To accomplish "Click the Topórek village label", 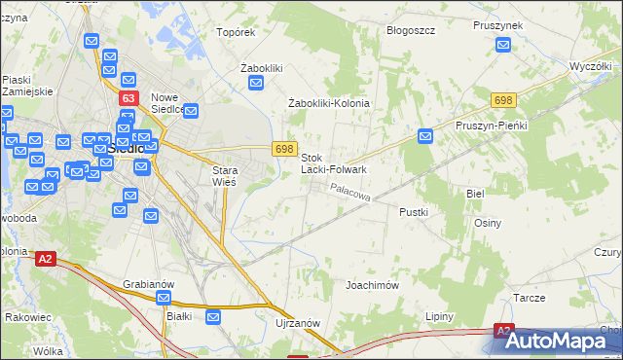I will [236, 32].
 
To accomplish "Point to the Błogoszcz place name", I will [410, 31].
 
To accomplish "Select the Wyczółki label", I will [589, 67].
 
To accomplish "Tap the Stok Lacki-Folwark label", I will [334, 162].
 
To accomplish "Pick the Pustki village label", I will [414, 210].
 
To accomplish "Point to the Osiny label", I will [488, 223].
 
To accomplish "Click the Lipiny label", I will [440, 317].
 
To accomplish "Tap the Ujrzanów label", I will [298, 322].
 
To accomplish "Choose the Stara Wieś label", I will [225, 175].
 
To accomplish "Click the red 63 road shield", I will [128, 98].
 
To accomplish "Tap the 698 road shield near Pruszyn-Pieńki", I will [503, 100].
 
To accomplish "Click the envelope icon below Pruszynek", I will [503, 44].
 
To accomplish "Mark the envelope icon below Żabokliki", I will [256, 84].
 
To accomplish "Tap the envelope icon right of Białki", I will [213, 316].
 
